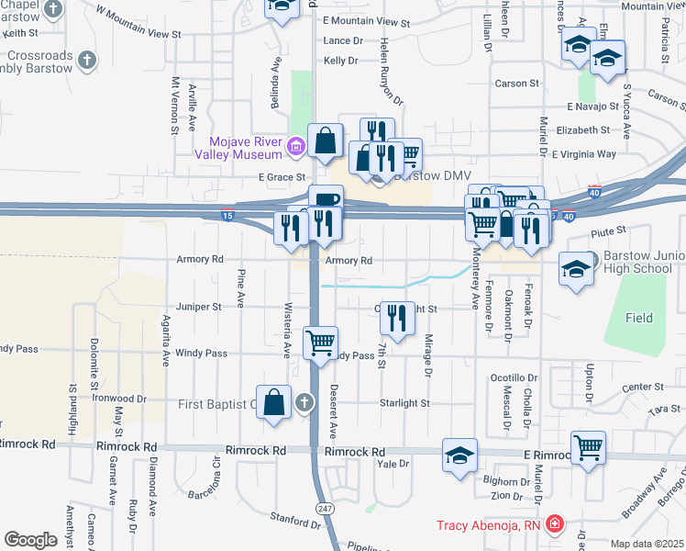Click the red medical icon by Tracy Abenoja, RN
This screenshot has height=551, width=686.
point(554,525)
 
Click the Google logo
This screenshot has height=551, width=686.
point(30,540)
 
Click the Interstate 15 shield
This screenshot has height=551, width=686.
point(227,216)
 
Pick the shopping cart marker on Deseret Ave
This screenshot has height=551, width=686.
point(320,344)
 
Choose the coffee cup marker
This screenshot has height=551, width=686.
point(325,201)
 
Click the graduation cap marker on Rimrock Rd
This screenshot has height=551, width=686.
point(460,455)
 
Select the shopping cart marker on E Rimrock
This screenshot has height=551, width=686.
point(588,448)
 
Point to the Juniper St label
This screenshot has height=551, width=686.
point(204,306)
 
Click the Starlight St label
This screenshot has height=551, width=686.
point(404,403)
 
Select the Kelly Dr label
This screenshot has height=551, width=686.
point(340,61)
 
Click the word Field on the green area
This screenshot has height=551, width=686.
point(639,319)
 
